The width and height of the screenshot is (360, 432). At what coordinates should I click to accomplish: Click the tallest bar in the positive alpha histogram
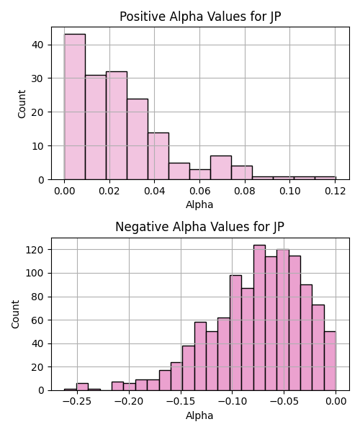75,107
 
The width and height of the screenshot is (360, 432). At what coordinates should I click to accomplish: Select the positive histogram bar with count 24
138,139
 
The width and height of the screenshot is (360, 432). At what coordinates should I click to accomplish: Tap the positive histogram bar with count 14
158,156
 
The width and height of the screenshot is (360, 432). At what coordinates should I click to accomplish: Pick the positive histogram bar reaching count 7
221,168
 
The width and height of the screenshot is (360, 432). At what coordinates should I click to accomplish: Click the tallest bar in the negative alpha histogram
259,318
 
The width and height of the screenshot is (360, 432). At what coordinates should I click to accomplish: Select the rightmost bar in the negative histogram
330,361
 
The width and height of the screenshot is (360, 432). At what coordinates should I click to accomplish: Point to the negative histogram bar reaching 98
235,333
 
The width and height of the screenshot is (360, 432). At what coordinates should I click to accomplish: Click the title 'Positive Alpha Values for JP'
200,17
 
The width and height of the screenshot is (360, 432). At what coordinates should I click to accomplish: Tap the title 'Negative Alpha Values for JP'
199,227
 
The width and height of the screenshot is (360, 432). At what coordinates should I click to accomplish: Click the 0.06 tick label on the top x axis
199,191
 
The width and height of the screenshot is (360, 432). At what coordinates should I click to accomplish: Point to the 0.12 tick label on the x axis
336,191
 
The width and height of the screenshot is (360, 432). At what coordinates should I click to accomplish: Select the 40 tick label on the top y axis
37,45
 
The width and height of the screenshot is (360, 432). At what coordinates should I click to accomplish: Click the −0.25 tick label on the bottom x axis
77,402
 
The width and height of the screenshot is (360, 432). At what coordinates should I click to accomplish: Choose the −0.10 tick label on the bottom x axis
232,402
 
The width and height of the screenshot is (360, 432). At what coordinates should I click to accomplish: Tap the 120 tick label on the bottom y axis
35,250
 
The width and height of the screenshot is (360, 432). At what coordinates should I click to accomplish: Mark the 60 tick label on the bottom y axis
37,320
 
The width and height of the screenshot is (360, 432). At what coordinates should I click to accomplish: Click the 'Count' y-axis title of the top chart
22,104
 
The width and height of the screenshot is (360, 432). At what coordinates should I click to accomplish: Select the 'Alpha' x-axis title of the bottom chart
199,415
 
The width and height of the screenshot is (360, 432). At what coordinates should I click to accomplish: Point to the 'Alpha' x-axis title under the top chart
199,204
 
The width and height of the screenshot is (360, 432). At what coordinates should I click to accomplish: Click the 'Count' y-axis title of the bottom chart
15,315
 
